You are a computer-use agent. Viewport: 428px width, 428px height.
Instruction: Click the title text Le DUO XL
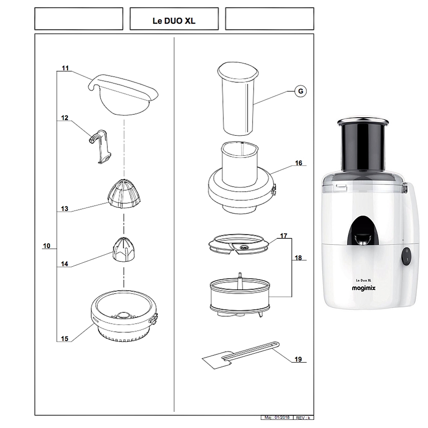174,21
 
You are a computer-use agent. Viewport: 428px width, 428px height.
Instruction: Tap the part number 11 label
65,68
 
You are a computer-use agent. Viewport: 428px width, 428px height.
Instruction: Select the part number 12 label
65,118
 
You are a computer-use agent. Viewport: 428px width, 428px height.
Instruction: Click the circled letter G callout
301,91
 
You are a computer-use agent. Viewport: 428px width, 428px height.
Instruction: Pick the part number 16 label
298,163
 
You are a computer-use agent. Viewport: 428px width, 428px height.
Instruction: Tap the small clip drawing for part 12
101,146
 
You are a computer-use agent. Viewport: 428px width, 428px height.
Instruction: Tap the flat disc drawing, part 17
238,246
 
